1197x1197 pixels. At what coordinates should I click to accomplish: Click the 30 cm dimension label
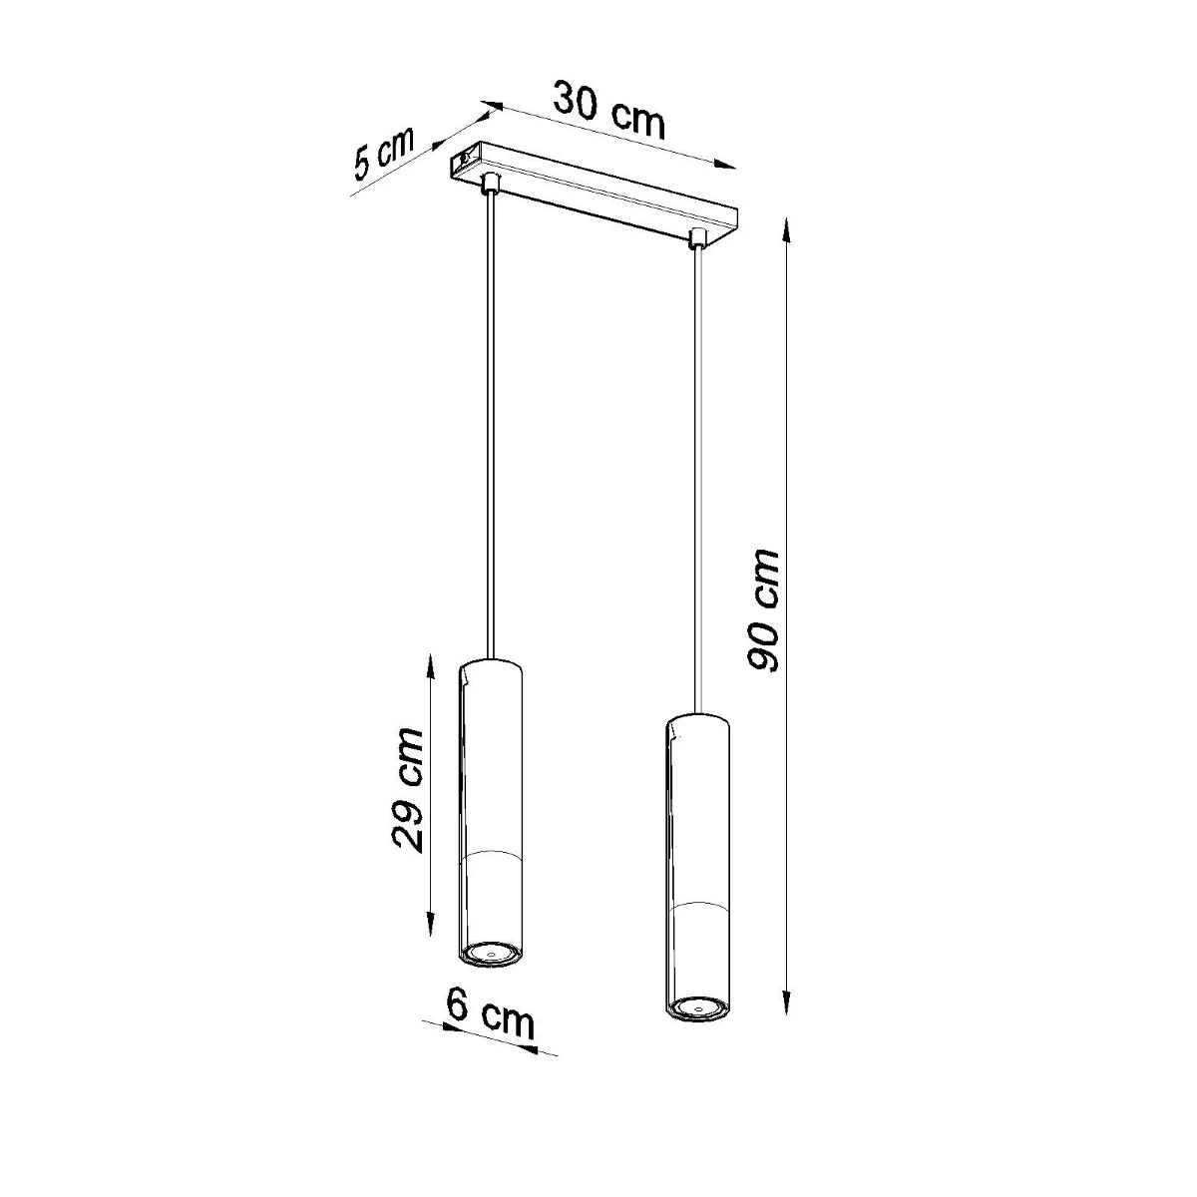(x=608, y=110)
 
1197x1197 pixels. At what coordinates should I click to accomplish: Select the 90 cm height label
(x=763, y=610)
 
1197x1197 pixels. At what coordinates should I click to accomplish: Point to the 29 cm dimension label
(x=407, y=789)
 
